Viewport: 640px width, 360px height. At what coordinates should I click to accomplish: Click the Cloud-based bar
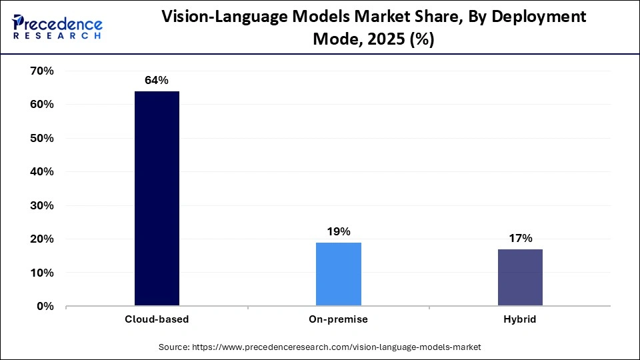pos(157,199)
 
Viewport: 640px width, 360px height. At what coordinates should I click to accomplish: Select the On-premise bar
pos(338,274)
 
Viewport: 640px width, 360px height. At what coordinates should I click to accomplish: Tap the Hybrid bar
pos(519,277)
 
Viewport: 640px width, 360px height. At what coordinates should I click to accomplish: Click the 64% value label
pos(157,81)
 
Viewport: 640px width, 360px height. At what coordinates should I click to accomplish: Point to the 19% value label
pos(338,231)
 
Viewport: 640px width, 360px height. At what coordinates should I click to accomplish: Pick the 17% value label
pos(519,238)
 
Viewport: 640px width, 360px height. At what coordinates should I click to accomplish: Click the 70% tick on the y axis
pos(41,71)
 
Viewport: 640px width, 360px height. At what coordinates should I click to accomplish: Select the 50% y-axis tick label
pos(41,139)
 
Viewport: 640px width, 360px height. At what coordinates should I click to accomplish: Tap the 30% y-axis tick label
pos(41,206)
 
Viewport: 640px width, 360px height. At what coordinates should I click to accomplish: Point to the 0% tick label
pos(45,307)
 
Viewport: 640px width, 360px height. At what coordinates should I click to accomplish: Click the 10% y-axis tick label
pos(41,273)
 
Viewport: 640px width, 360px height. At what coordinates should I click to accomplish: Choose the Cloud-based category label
pos(157,319)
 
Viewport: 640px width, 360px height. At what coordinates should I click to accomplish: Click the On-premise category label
pos(338,319)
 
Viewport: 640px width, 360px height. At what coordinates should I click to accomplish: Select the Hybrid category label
pos(519,319)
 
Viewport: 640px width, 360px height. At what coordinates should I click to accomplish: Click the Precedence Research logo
pos(57,26)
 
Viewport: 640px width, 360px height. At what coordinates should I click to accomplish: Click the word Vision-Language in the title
pos(221,17)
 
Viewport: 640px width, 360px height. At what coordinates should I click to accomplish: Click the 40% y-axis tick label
pos(41,172)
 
